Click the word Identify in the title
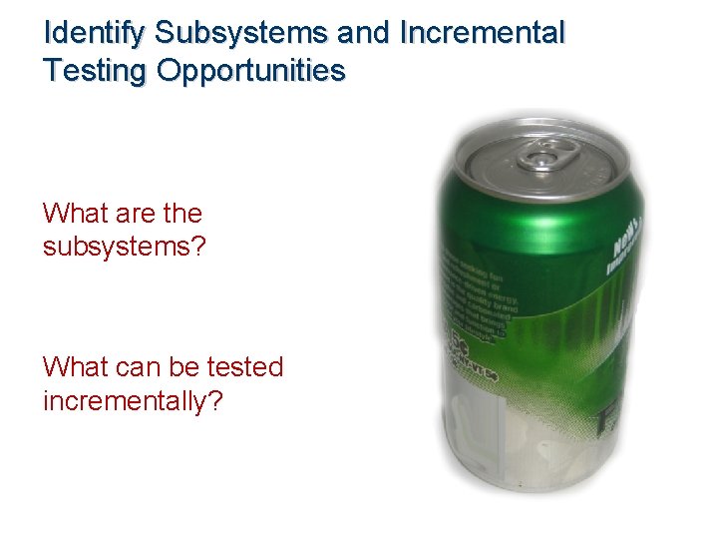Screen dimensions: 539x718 [97, 33]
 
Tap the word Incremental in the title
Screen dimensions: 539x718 [482, 33]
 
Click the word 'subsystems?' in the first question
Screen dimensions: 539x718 [125, 246]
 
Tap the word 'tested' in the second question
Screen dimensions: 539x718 [245, 367]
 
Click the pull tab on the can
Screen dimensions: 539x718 [546, 156]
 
